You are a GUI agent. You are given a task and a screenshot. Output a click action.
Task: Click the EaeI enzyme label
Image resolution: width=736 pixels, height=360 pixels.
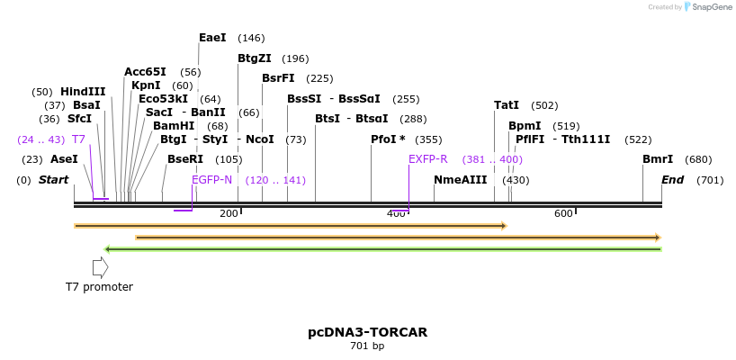[x=212, y=38]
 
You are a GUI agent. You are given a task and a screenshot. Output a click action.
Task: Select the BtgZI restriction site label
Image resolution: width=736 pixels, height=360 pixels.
[x=255, y=58]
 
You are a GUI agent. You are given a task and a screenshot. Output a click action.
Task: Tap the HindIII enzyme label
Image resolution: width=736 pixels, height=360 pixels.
[x=83, y=92]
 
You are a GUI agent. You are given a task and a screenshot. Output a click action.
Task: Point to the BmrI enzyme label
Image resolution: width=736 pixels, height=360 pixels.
[x=658, y=159]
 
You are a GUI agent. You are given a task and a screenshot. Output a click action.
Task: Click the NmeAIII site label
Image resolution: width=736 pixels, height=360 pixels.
[x=461, y=180]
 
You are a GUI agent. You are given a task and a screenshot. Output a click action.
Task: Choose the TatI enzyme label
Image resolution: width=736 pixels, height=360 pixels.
[x=507, y=105]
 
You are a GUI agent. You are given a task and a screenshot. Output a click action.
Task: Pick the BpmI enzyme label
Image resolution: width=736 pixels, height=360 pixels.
[x=525, y=126]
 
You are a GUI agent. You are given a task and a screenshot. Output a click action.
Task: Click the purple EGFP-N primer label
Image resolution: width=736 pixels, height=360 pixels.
[x=212, y=180]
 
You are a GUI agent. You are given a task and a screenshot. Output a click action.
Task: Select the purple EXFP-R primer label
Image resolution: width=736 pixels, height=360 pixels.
[x=428, y=159]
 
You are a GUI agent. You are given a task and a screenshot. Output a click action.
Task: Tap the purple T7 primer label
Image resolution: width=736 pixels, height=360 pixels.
[x=79, y=139]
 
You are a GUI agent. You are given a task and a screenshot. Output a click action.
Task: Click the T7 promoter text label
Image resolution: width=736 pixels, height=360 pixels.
[x=99, y=287]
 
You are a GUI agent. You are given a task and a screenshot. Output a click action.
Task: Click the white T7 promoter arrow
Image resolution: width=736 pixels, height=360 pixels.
[x=100, y=267]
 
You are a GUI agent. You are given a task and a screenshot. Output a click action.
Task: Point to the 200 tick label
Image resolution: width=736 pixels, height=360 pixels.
[x=229, y=213]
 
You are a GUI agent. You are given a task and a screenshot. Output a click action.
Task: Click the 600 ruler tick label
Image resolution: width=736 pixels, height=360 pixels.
[x=563, y=213]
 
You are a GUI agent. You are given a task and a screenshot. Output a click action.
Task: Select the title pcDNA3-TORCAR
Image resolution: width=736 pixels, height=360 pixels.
[x=367, y=332]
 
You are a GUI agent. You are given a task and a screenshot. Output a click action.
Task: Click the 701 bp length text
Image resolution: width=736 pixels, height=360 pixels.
[x=367, y=346]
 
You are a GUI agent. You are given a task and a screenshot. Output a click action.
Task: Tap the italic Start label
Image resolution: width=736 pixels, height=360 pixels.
[x=53, y=180]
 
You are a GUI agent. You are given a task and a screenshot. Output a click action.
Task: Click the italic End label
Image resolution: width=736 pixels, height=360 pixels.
[x=672, y=180]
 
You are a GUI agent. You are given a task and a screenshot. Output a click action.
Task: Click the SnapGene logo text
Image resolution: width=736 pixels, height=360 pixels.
[x=711, y=7]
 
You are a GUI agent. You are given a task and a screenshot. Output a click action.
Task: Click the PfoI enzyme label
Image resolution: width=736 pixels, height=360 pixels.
[x=388, y=139]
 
